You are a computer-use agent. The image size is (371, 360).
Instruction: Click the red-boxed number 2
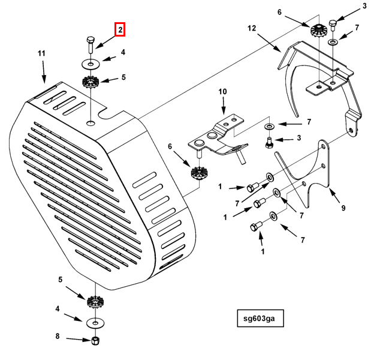pyautogui.click(x=120, y=29)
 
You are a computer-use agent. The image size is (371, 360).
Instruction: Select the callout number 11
pyautogui.click(x=42, y=54)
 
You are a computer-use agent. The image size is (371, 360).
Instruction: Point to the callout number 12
pyautogui.click(x=251, y=28)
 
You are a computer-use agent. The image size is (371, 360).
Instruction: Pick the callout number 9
pyautogui.click(x=343, y=208)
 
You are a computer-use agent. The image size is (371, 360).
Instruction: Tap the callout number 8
pyautogui.click(x=58, y=337)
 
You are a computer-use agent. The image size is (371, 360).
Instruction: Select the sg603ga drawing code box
pyautogui.click(x=259, y=318)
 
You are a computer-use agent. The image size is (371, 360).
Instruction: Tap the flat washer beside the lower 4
pyautogui.click(x=93, y=323)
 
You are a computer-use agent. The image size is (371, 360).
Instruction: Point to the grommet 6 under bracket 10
pyautogui.click(x=197, y=173)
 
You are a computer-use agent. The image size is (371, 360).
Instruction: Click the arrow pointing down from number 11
pyautogui.click(x=44, y=74)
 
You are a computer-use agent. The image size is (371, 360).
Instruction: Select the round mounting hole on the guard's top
pyautogui.click(x=90, y=123)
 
